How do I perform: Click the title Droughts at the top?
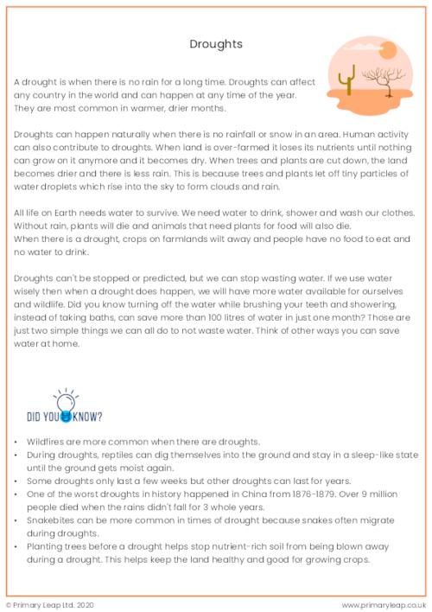point(216,42)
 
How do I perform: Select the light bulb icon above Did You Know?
point(64,400)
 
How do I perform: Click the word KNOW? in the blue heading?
point(87,414)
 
